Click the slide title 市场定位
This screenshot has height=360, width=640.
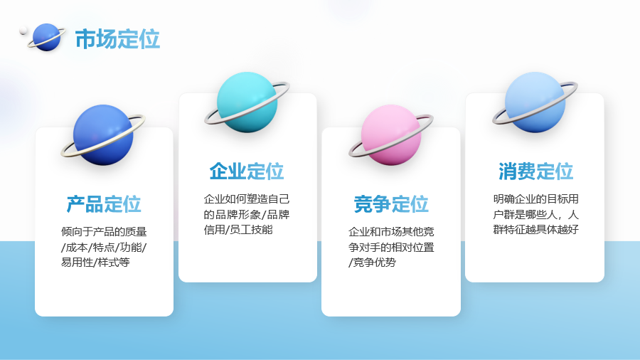pyautogui.click(x=117, y=39)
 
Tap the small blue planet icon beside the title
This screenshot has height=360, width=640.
pyautogui.click(x=46, y=37)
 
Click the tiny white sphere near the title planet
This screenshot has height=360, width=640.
pyautogui.click(x=23, y=30)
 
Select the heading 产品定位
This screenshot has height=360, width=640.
pyautogui.click(x=104, y=204)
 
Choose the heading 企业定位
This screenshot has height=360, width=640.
pyautogui.click(x=247, y=171)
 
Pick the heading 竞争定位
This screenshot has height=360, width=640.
pyautogui.click(x=391, y=204)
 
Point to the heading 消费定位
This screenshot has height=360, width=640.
pyautogui.click(x=535, y=171)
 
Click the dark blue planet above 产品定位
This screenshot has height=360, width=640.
pyautogui.click(x=103, y=135)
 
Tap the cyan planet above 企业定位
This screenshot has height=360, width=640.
pyautogui.click(x=247, y=102)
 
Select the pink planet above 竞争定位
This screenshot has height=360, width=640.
pyautogui.click(x=391, y=135)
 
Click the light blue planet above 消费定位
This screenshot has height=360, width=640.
pyautogui.click(x=535, y=102)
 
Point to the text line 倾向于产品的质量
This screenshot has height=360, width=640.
pyautogui.click(x=104, y=232)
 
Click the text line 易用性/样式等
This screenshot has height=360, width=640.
pyautogui.click(x=95, y=262)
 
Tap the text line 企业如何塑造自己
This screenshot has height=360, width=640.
pyautogui.click(x=247, y=199)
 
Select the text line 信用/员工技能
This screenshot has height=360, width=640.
pyautogui.click(x=238, y=229)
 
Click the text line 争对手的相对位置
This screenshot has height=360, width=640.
pyautogui.click(x=391, y=248)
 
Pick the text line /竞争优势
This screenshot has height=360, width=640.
pyautogui.click(x=372, y=262)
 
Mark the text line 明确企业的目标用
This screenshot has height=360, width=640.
pyautogui.click(x=536, y=199)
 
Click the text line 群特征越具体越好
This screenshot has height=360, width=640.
pyautogui.click(x=536, y=229)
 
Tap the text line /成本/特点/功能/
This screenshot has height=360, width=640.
pyautogui.click(x=104, y=248)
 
